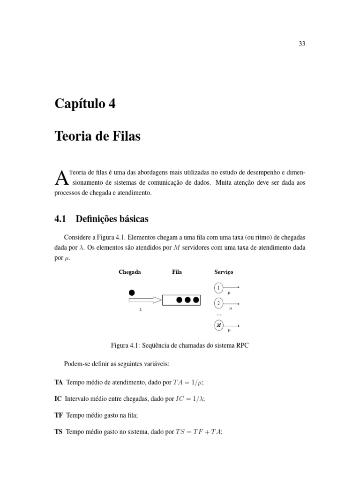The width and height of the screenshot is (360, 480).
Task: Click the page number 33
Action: click(301, 44)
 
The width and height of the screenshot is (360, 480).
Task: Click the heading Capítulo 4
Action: click(85, 104)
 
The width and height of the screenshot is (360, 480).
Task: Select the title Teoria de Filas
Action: click(97, 137)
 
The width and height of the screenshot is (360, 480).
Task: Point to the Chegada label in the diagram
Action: click(130, 272)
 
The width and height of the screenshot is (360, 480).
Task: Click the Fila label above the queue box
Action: click(177, 272)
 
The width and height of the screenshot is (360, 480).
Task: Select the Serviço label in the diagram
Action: click(224, 272)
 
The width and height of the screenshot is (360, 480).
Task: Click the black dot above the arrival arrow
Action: click(132, 292)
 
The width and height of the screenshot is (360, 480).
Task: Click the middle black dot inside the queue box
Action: click(187, 300)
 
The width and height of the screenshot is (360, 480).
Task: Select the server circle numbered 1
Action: click(218, 287)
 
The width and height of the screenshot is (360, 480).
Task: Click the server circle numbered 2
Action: click(218, 303)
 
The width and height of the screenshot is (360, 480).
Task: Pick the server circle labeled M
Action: click(218, 325)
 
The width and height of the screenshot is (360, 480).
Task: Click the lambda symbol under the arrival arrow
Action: click(141, 310)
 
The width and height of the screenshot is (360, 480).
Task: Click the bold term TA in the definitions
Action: click(59, 382)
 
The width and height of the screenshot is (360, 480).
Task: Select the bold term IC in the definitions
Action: click(59, 399)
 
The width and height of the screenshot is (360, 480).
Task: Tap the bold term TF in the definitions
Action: click(59, 415)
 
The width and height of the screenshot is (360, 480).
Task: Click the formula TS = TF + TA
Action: click(198, 432)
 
